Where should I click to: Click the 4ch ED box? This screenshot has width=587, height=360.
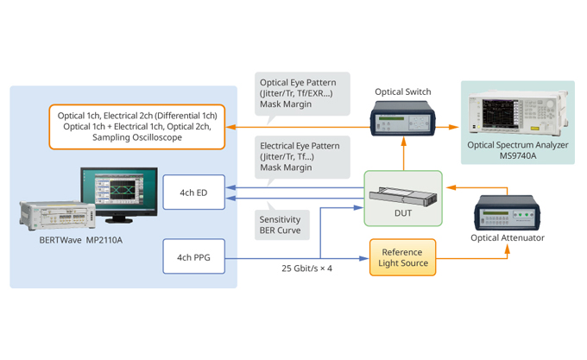tap(194, 192)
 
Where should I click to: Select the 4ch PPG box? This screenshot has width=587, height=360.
tap(194, 256)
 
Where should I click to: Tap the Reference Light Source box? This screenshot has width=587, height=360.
tap(402, 256)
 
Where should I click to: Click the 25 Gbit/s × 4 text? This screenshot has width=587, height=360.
tap(306, 268)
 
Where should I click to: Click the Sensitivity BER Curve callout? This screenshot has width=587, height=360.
tap(281, 226)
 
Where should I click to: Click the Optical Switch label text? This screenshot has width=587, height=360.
tap(402, 92)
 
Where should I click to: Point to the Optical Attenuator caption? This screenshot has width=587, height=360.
tap(508, 237)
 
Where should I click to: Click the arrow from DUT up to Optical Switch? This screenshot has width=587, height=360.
tap(402, 156)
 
